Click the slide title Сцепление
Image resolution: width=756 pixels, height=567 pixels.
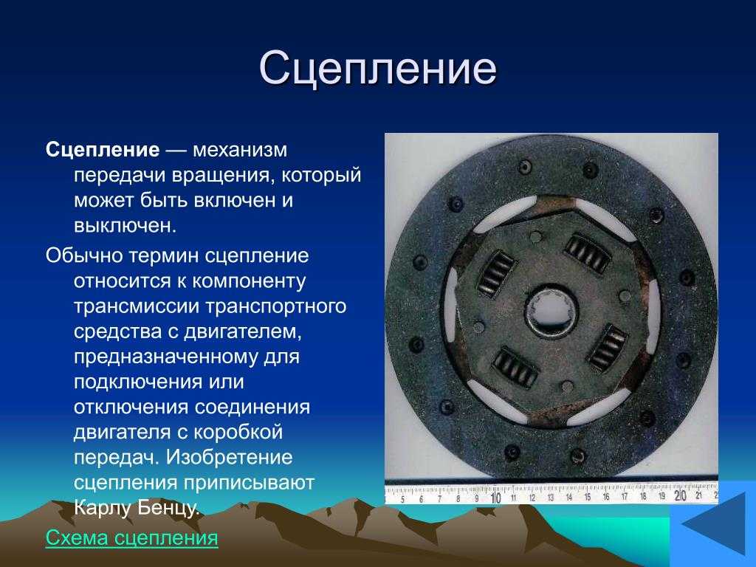click(377, 68)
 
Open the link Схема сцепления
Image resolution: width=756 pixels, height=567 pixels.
click(131, 537)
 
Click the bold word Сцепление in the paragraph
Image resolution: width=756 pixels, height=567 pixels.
click(102, 150)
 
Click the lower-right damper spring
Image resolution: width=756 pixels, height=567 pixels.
click(608, 348)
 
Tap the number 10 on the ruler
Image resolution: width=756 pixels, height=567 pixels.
click(495, 498)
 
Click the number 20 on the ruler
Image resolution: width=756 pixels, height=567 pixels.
click(680, 495)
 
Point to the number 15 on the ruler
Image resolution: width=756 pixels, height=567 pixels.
click(587, 497)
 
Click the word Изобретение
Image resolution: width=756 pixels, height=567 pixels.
click(229, 457)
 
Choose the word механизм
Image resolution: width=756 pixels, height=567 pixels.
click(240, 151)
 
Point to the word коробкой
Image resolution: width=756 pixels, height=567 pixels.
click(238, 431)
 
